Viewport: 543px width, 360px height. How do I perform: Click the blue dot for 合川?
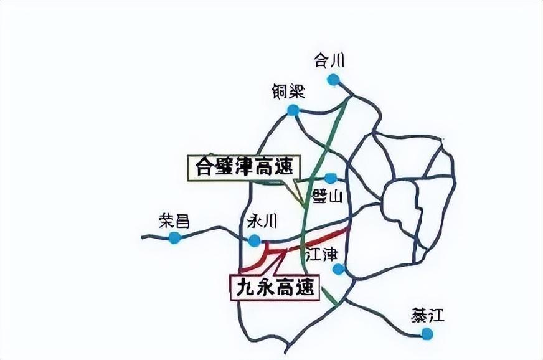[334, 79]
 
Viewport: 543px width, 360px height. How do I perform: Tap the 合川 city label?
[329, 60]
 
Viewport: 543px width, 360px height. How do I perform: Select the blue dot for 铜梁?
[293, 110]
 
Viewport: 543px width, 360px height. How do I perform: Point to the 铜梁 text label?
[288, 92]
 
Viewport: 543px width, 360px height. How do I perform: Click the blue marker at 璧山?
[330, 179]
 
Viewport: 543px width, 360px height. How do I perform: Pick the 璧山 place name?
[328, 197]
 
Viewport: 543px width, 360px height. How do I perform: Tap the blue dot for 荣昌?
[175, 237]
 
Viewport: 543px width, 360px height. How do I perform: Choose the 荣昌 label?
[174, 220]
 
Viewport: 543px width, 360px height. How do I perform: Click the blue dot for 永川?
[254, 240]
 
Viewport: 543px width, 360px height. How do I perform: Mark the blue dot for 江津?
[338, 269]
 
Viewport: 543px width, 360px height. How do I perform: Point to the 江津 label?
[321, 253]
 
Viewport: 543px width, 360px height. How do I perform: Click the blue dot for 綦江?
[427, 334]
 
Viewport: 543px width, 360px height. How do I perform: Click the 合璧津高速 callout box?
[243, 168]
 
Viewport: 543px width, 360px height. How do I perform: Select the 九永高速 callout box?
[275, 287]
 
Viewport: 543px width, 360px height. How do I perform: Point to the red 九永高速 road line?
[324, 237]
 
